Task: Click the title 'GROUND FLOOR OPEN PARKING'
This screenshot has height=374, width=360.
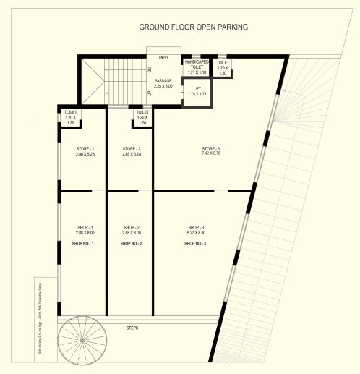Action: tap(193, 27)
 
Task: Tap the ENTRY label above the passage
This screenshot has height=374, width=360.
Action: tap(163, 56)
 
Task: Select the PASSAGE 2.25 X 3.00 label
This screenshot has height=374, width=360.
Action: tap(163, 83)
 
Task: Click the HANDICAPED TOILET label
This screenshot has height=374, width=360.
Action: tap(196, 67)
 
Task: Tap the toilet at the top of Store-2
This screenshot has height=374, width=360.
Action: tap(142, 118)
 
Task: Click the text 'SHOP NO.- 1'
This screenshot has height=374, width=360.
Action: tap(83, 244)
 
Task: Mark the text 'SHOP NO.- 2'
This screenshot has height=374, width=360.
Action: tap(131, 244)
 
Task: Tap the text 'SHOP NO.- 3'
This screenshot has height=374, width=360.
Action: tap(195, 244)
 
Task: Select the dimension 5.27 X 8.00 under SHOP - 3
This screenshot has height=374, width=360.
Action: tap(196, 233)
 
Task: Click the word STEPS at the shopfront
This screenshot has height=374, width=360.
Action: tap(131, 328)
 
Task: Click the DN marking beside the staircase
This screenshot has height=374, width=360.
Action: tap(149, 70)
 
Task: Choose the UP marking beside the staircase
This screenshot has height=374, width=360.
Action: tap(149, 94)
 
